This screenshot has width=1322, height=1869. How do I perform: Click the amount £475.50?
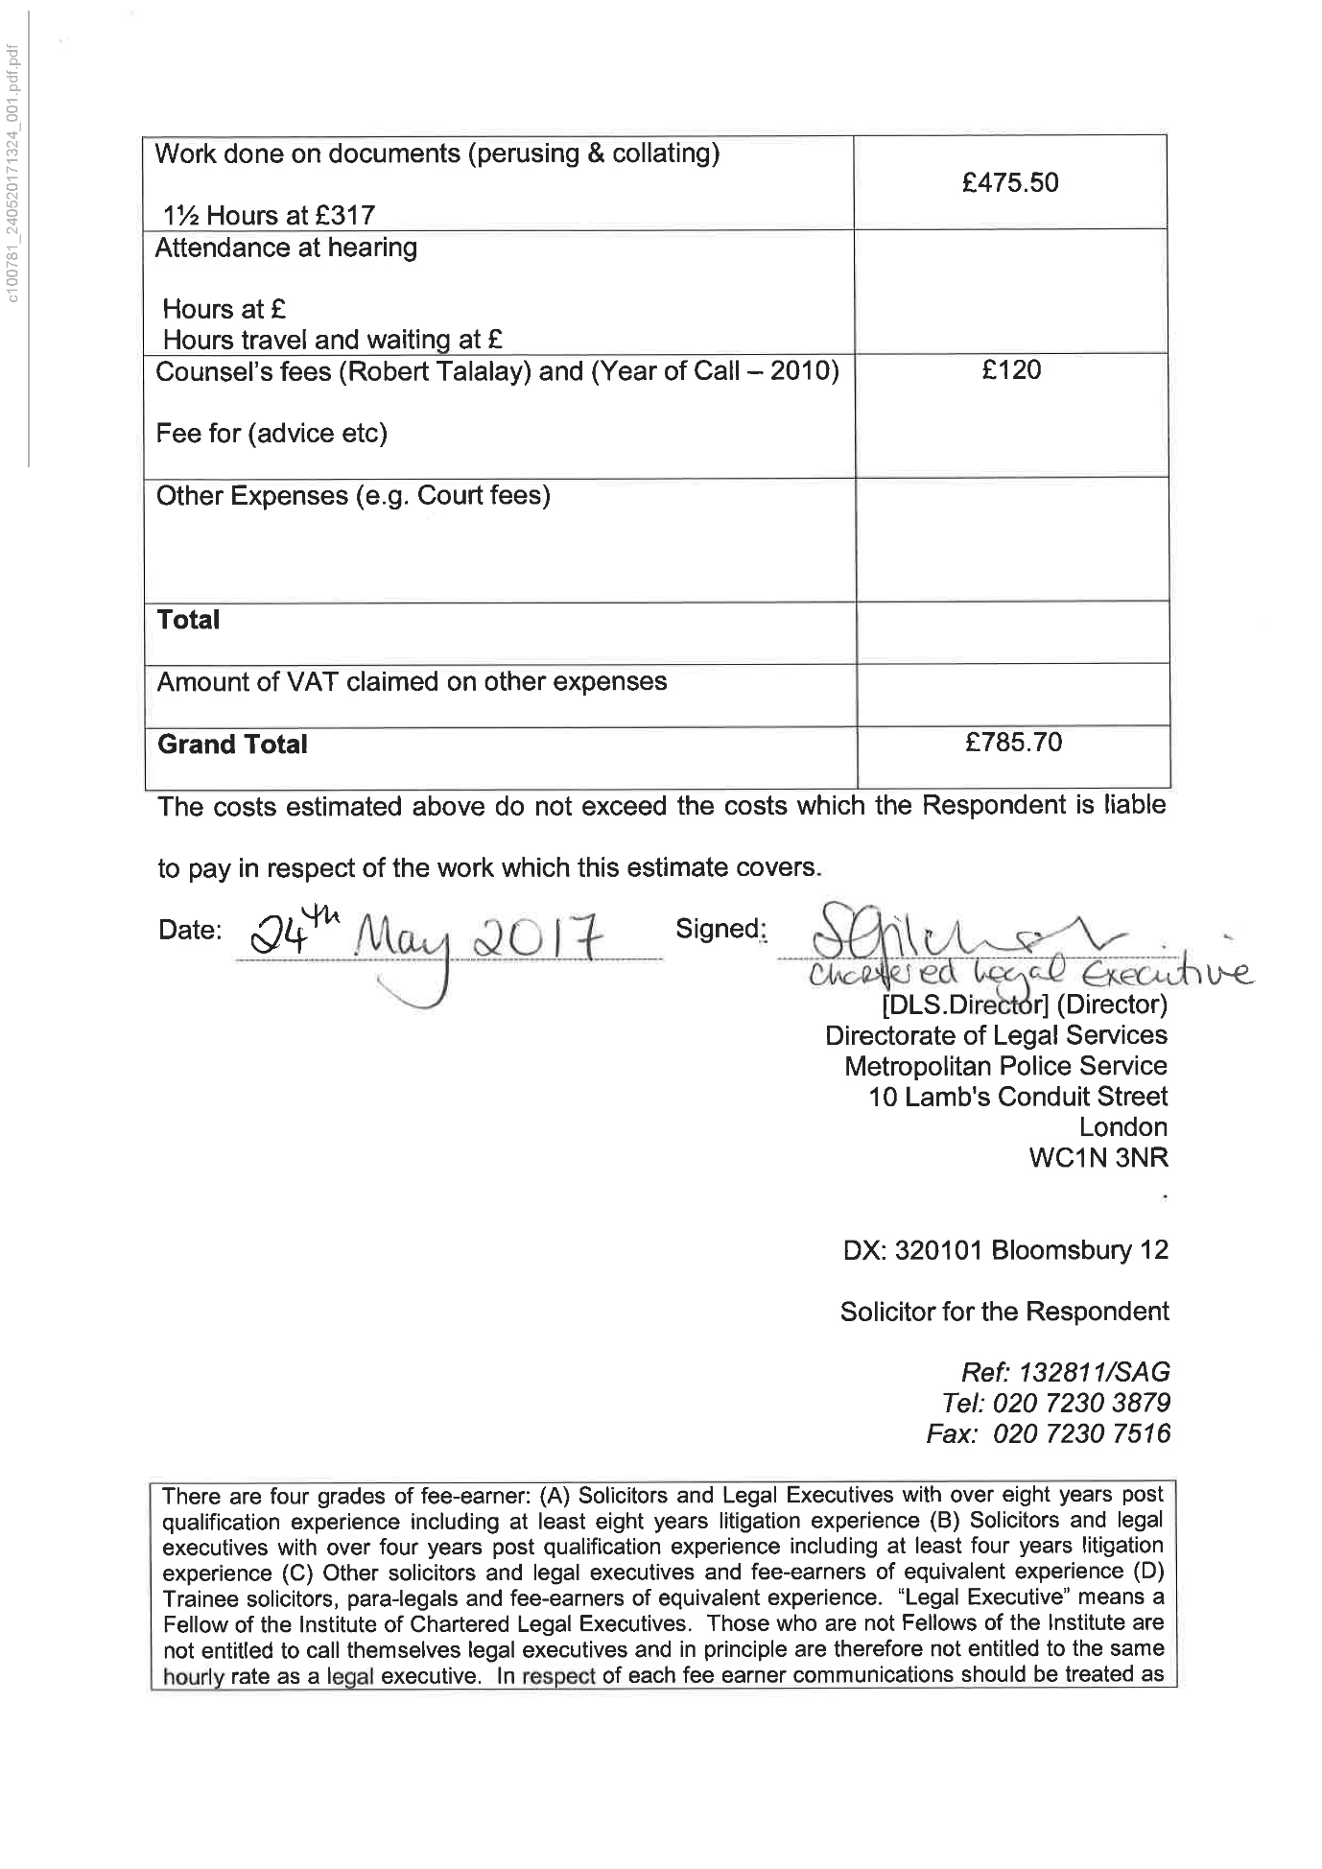pyautogui.click(x=1010, y=182)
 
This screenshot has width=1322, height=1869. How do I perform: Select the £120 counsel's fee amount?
pyautogui.click(x=1011, y=370)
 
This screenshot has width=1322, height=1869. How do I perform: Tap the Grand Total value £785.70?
pyautogui.click(x=1014, y=742)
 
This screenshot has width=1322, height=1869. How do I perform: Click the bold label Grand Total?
pyautogui.click(x=232, y=745)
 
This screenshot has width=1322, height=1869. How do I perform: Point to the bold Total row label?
pyautogui.click(x=188, y=620)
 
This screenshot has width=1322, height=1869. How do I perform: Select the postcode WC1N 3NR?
pyautogui.click(x=1098, y=1157)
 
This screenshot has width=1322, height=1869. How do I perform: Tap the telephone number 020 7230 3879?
pyautogui.click(x=1081, y=1404)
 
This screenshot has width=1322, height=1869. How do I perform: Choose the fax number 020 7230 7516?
pyautogui.click(x=1081, y=1434)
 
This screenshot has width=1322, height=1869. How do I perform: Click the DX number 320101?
pyautogui.click(x=938, y=1250)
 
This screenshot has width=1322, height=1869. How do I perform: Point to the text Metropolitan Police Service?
pyautogui.click(x=1005, y=1066)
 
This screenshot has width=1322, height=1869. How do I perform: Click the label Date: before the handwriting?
pyautogui.click(x=190, y=930)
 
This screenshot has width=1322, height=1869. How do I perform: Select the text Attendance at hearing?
pyautogui.click(x=286, y=248)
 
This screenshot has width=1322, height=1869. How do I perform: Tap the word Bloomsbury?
pyautogui.click(x=1061, y=1250)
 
